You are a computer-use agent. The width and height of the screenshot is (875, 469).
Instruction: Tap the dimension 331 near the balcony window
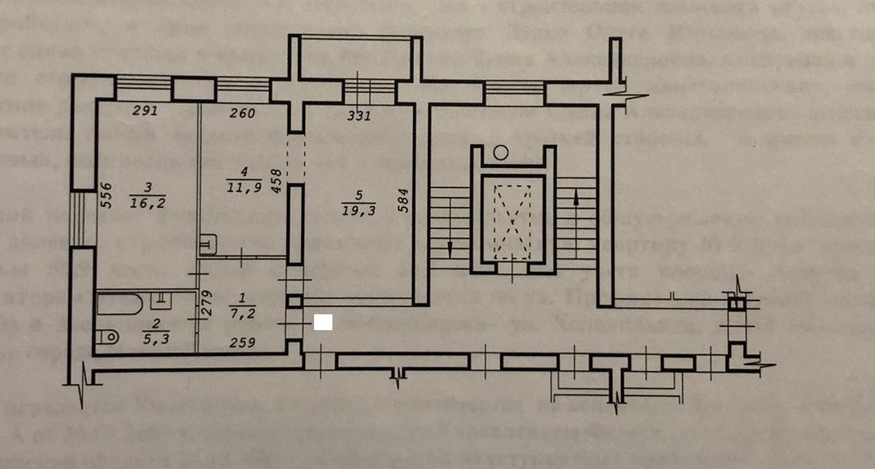tap(359, 116)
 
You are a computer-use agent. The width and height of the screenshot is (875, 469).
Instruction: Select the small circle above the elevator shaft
tap(500, 151)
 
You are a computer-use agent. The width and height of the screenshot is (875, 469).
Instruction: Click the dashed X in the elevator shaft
tap(510, 218)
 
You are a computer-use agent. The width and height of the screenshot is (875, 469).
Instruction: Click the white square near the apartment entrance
tap(324, 322)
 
